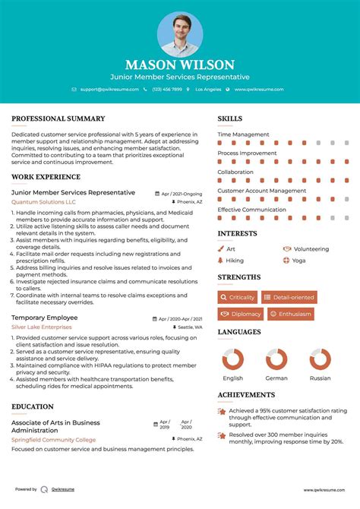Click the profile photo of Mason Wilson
click(180, 34)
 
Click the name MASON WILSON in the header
click(180, 65)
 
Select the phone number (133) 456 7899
click(166, 89)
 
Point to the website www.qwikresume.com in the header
click(258, 89)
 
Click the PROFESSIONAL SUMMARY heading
click(58, 119)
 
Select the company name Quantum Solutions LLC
click(43, 202)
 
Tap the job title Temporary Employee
click(44, 317)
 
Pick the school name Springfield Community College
click(53, 439)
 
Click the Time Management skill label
click(243, 134)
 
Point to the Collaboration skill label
click(235, 172)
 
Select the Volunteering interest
click(311, 248)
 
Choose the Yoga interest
click(298, 260)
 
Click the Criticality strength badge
click(238, 297)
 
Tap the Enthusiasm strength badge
click(291, 314)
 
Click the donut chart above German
click(276, 359)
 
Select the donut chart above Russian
click(320, 359)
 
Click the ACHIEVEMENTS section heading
click(246, 395)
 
